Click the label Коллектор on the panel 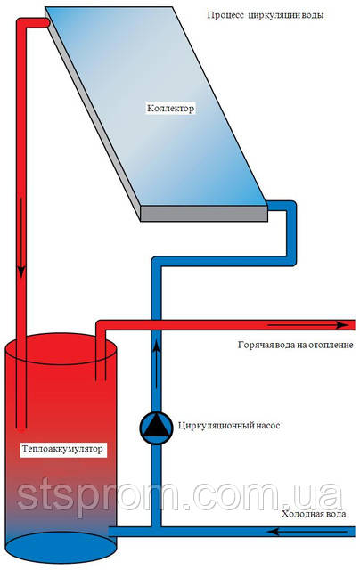pos(170,109)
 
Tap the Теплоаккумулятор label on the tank pos(62,449)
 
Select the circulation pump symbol pos(156,427)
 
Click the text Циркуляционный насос pos(229,426)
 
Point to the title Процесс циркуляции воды pos(265,15)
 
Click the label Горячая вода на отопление pos(295,345)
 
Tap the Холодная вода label pos(314,515)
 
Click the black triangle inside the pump pos(156,426)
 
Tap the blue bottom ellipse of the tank pos(61,548)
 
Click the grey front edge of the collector pos(204,214)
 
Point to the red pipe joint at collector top pos(43,23)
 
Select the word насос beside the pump pos(267,426)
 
